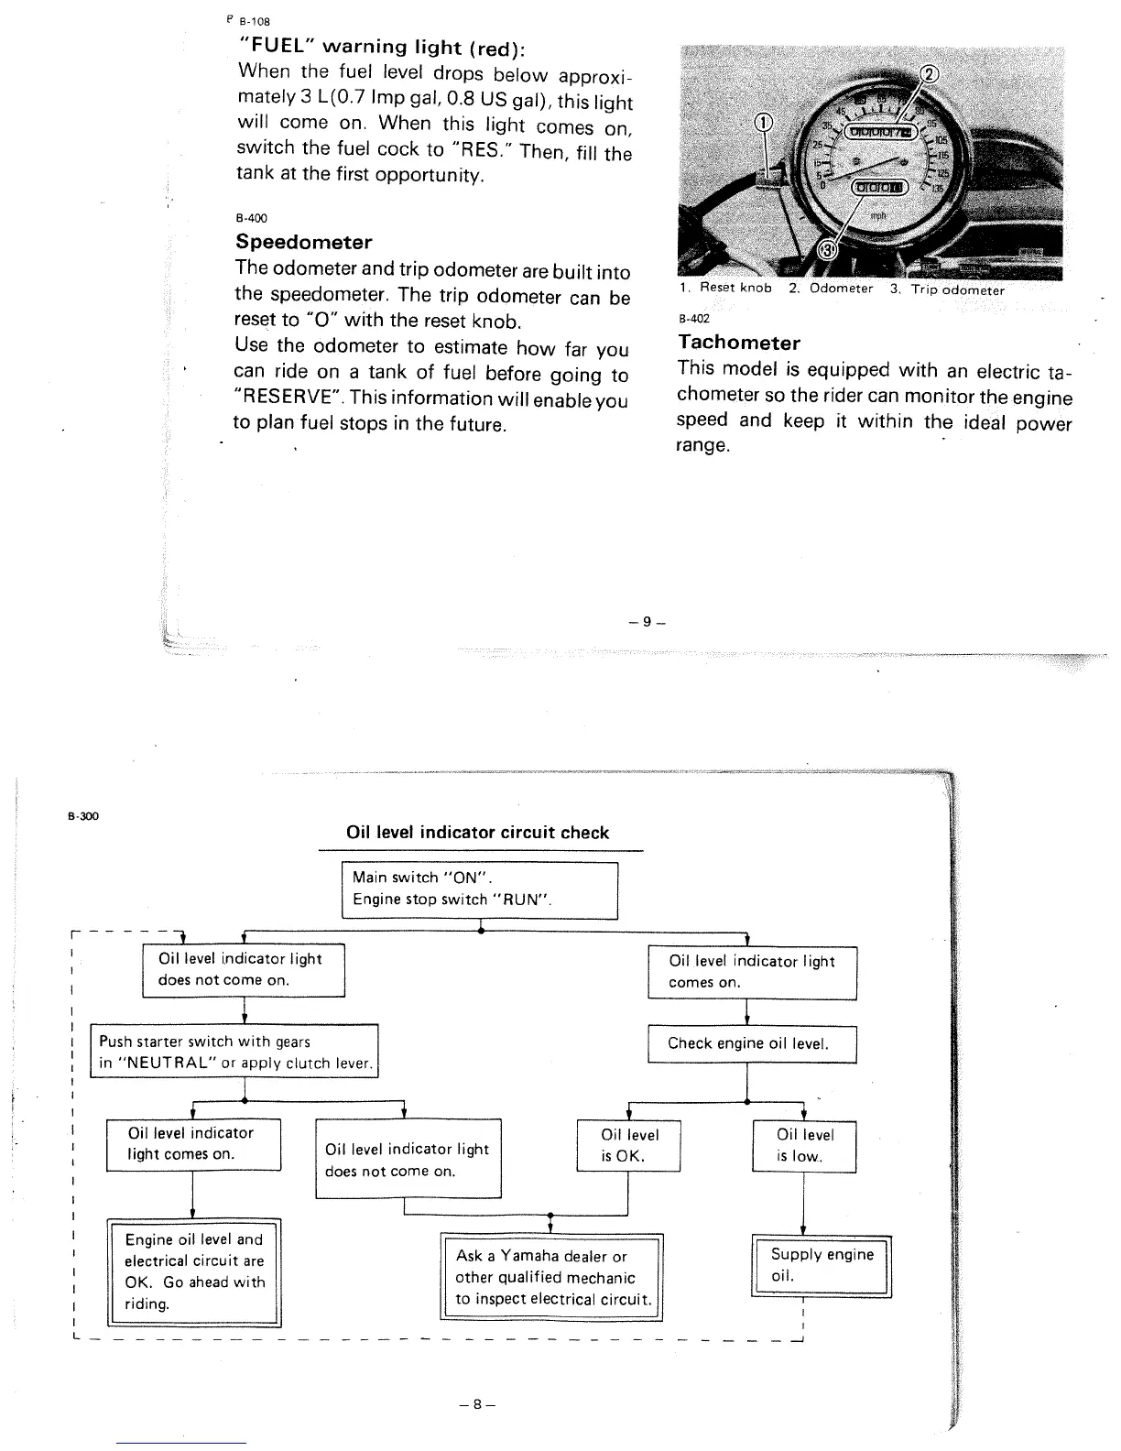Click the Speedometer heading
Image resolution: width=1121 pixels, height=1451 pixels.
coord(304,243)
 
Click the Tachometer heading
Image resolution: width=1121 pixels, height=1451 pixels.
coord(739,344)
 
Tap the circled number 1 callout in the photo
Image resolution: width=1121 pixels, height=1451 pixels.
coord(763,125)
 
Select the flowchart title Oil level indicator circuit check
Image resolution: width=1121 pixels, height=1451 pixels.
coord(477,833)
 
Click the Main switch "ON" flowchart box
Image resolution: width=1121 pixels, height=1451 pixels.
coord(479,889)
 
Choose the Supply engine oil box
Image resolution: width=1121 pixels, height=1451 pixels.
coord(821,1266)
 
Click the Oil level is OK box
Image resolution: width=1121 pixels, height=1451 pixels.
coord(628,1146)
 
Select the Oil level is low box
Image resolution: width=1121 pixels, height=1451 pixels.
coord(803,1146)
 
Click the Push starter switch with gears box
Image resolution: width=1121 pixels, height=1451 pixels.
coord(238,1053)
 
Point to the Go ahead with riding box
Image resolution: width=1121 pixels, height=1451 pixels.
coord(193,1272)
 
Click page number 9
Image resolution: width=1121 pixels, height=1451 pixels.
coord(646,622)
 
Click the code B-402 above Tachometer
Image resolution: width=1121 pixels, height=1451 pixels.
coord(693,320)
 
